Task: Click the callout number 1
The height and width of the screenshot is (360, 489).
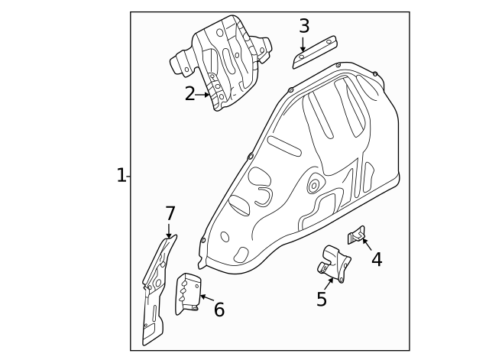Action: tap(121, 176)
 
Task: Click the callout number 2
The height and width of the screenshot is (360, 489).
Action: tap(190, 94)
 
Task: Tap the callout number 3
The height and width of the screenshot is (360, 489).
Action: tap(304, 26)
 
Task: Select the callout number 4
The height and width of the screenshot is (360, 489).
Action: tap(377, 259)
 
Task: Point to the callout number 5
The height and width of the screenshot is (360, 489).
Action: tap(322, 299)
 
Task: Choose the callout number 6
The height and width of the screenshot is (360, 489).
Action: tap(219, 310)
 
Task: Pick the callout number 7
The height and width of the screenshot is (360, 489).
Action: tap(170, 213)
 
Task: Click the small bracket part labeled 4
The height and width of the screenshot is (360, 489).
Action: tap(355, 235)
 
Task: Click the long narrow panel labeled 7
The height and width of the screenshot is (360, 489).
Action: tap(156, 290)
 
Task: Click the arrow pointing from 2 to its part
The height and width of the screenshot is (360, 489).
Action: tap(203, 95)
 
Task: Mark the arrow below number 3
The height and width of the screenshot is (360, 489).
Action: tap(303, 44)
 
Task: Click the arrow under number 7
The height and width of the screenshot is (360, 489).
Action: tap(169, 231)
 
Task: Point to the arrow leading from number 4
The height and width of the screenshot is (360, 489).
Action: tap(367, 245)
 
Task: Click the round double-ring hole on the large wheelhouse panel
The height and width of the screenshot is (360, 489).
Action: tap(313, 186)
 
